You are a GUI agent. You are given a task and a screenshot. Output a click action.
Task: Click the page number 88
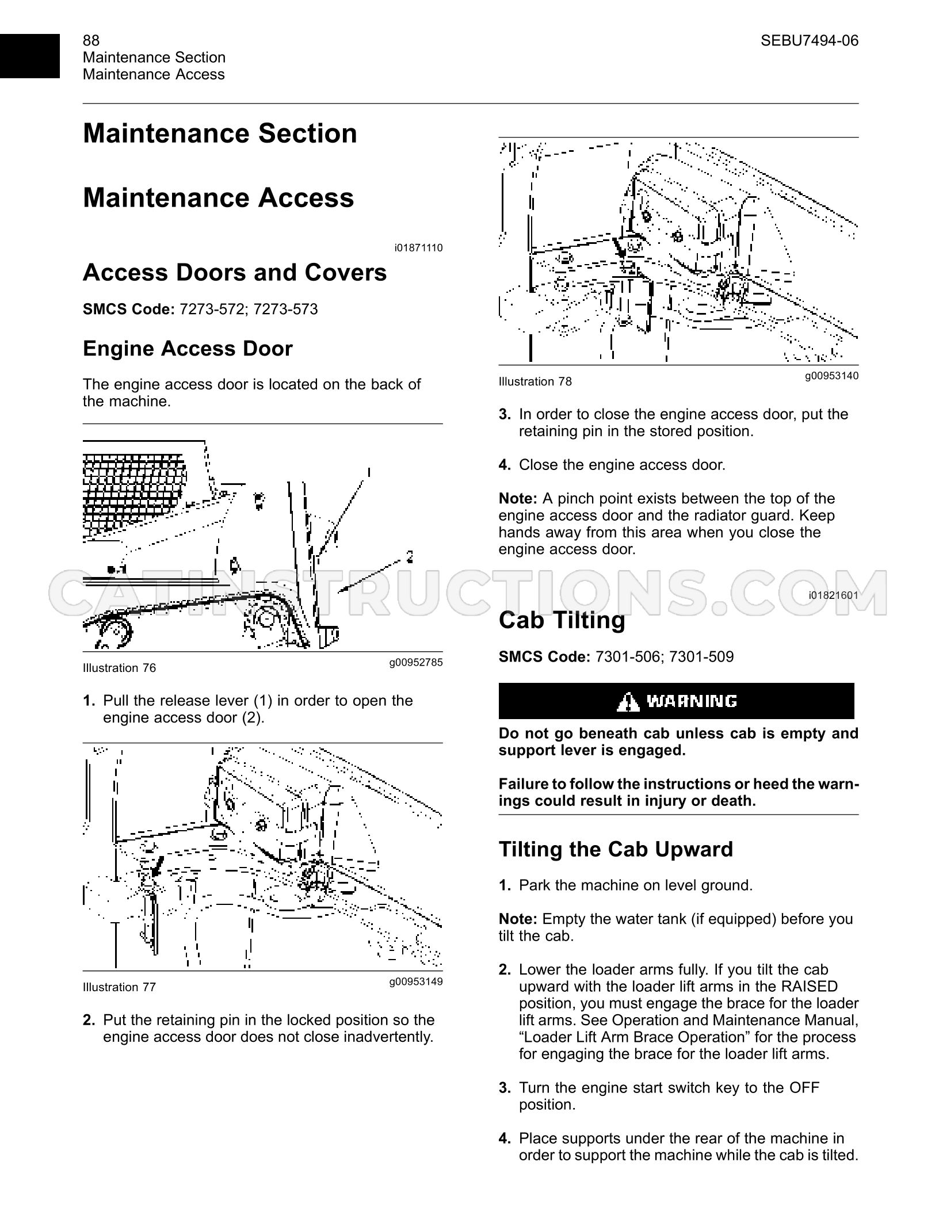point(91,40)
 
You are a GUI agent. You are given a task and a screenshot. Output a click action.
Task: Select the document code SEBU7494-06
point(810,40)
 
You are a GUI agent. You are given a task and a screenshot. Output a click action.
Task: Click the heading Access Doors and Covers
point(235,272)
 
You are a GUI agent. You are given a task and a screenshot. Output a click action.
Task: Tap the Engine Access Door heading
point(188,349)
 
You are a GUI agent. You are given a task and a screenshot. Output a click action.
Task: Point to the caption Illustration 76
point(119,668)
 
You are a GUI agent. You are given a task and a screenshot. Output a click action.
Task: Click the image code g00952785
point(416,662)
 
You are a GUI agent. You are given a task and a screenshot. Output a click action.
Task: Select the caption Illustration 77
point(119,987)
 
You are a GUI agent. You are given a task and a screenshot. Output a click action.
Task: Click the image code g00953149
point(416,981)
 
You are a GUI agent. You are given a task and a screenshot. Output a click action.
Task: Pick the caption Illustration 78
point(535,381)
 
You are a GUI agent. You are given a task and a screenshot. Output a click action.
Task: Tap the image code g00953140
point(832,376)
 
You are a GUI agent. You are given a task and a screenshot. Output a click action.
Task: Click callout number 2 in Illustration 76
point(410,556)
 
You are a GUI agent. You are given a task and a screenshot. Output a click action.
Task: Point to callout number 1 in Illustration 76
point(368,473)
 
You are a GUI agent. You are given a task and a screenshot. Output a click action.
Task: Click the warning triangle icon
point(627,701)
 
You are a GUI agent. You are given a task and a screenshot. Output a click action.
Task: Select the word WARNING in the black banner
point(692,701)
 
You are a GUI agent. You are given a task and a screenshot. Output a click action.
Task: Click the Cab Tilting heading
point(562,620)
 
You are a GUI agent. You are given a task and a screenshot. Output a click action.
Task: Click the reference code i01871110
point(418,248)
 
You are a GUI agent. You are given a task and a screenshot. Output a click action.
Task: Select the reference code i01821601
point(834,595)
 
